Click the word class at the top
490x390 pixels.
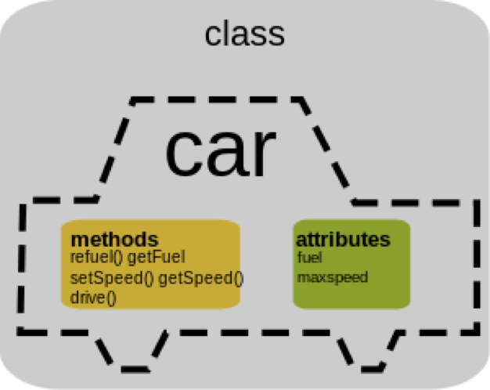[244, 34]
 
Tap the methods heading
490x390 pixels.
[114, 239]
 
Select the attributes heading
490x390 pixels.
[343, 239]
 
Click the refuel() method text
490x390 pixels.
[96, 256]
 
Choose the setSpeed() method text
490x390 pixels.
[112, 278]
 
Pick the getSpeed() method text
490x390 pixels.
[201, 278]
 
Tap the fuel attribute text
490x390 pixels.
[310, 257]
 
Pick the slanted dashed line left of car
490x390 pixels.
[113, 149]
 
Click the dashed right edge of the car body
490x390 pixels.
[477, 266]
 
